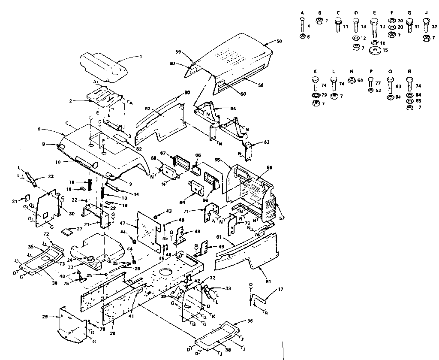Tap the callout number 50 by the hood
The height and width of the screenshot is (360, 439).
tap(279, 41)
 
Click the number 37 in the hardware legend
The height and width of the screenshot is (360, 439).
tap(434, 27)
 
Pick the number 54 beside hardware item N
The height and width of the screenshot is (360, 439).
tap(360, 80)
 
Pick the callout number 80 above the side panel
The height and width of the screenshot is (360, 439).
tap(187, 92)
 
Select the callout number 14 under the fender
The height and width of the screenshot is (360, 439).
tap(136, 194)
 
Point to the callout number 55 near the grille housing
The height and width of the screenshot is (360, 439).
tap(217, 160)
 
